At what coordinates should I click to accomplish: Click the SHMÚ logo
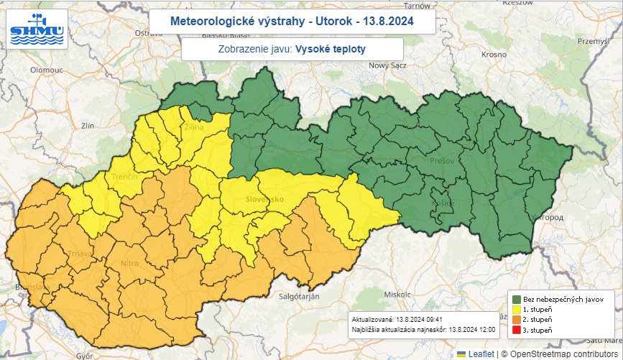tap(37, 29)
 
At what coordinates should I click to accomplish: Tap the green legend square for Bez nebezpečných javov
tap(515, 299)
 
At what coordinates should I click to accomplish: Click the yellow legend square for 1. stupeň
tap(515, 309)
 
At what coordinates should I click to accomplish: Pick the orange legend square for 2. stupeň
tap(515, 319)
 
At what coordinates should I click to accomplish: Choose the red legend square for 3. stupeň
tap(515, 330)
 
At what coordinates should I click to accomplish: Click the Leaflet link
tap(481, 354)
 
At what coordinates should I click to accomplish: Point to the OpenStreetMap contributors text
tap(560, 354)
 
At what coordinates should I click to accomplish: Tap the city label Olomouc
tap(47, 70)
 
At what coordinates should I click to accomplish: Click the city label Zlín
tap(88, 125)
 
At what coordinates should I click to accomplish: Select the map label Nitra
tap(129, 264)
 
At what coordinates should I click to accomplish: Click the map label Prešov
tap(442, 161)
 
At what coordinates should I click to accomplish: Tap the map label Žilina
tap(194, 128)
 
